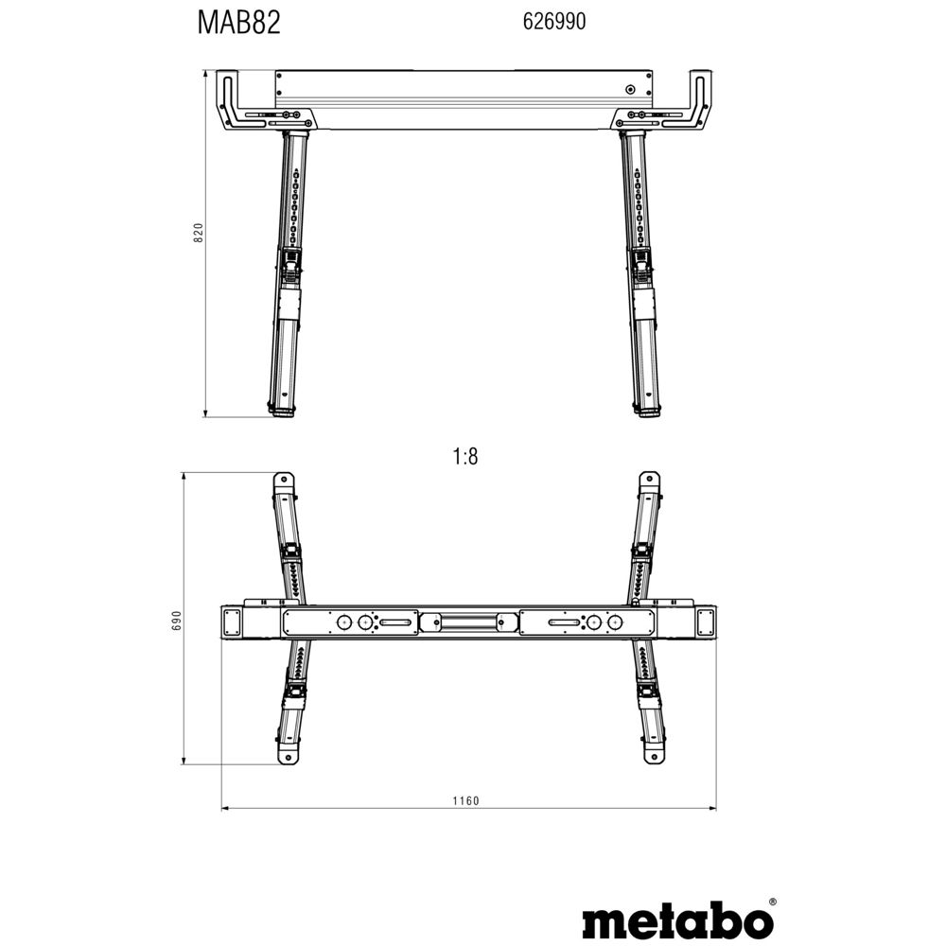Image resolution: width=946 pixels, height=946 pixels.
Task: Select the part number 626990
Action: (x=553, y=23)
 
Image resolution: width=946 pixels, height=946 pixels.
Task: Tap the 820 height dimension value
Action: (x=198, y=234)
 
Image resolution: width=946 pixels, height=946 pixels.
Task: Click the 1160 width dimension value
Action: (x=465, y=801)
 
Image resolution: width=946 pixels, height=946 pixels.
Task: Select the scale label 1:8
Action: (x=465, y=457)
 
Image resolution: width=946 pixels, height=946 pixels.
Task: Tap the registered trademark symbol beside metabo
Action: (x=773, y=902)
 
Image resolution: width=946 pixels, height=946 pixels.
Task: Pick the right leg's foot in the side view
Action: (x=648, y=412)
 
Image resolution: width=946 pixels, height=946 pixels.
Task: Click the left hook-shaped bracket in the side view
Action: (x=229, y=97)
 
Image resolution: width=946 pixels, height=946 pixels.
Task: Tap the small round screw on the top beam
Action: (x=630, y=92)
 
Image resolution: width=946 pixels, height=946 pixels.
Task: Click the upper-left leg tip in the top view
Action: (x=282, y=481)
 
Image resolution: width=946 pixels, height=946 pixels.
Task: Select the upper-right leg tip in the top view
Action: (x=651, y=481)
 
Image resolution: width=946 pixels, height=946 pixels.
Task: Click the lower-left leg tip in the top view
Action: (x=283, y=755)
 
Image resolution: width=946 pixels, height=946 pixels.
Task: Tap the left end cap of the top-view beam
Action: (x=232, y=622)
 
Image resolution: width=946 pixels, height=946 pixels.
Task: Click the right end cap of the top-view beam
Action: (x=703, y=622)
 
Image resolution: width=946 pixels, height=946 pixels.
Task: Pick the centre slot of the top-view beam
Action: (x=467, y=622)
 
